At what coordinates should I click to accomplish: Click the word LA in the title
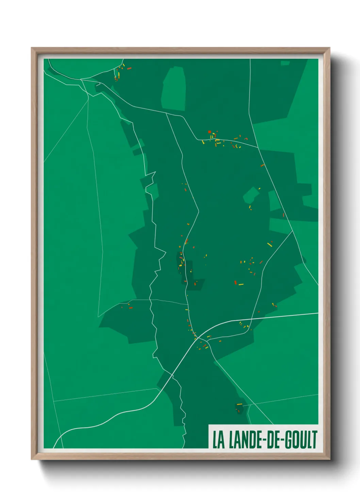219,440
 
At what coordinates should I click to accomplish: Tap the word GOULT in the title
301,440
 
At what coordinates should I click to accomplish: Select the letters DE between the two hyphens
271,440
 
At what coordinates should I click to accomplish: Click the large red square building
210,132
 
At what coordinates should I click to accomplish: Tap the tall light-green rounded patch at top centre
174,89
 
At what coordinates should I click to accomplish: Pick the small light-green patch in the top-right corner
285,63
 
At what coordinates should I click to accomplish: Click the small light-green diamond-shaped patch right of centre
251,195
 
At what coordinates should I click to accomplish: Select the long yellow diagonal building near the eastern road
269,245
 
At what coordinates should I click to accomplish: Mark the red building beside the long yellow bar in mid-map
235,282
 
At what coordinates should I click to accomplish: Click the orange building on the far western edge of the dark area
131,308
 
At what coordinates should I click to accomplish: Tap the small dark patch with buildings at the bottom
240,407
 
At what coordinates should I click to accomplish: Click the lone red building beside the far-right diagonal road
283,215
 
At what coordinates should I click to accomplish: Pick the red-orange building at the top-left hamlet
129,68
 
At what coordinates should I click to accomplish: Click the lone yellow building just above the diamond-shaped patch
259,188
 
